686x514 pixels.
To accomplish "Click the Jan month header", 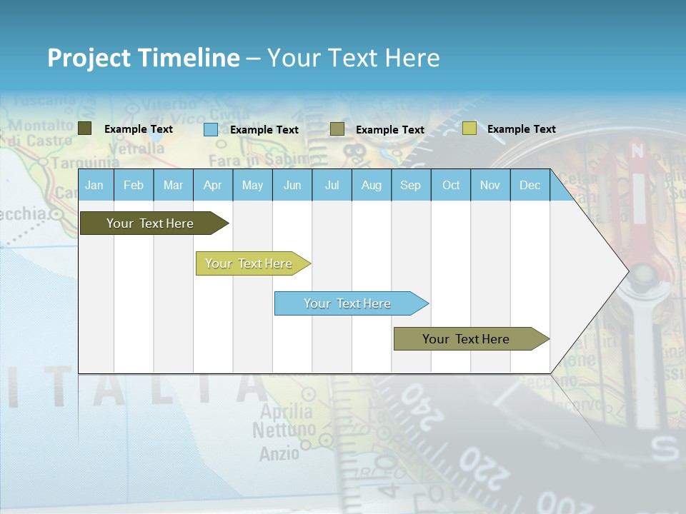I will [x=94, y=185].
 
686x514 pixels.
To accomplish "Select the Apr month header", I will [x=212, y=185].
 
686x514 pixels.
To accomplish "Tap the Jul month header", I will [x=332, y=185].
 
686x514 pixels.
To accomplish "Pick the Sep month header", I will [x=410, y=185].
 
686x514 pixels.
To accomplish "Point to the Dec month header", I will [x=530, y=185].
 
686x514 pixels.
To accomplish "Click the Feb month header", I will [x=134, y=185].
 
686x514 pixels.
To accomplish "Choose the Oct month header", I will [x=451, y=185].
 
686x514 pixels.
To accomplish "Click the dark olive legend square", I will [x=85, y=128].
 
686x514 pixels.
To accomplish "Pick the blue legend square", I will [x=211, y=129].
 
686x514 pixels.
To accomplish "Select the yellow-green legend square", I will [x=469, y=128].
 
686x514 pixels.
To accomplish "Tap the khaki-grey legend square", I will [x=337, y=129].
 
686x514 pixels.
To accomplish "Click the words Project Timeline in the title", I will [x=144, y=58].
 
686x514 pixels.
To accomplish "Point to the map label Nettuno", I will [x=284, y=430].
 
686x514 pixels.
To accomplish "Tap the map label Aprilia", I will [x=286, y=412].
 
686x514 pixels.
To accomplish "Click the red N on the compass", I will [x=637, y=151].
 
